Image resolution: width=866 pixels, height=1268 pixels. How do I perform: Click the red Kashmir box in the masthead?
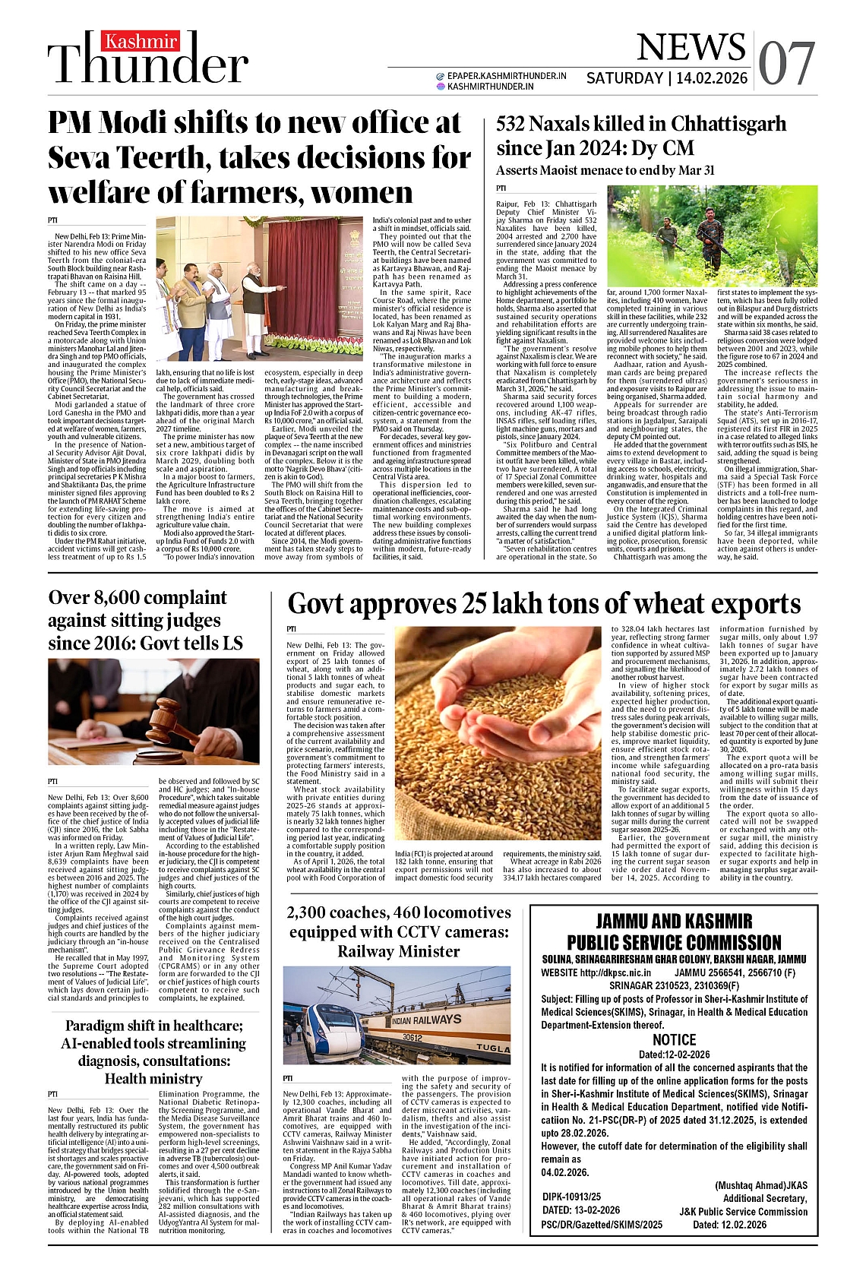pos(141,42)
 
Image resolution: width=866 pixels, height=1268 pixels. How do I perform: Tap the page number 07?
pos(786,63)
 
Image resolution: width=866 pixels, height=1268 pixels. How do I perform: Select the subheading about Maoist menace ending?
pos(605,170)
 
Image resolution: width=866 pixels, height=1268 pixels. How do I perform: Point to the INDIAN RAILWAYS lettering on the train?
pos(427,1020)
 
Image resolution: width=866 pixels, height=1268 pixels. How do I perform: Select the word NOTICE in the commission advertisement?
pos(674,1039)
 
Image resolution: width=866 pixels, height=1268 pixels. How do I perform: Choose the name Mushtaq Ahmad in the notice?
pos(752,1185)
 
